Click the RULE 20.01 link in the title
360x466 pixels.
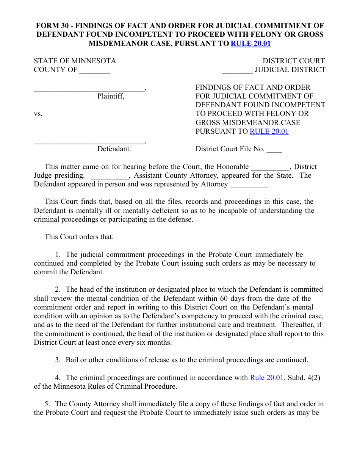[250, 43]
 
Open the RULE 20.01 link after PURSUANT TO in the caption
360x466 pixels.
[269, 131]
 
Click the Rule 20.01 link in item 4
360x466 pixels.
[267, 378]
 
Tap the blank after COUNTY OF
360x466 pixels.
[94, 70]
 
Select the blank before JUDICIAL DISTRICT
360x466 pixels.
[238, 70]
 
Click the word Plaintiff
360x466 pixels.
[111, 96]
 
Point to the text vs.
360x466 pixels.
[38, 114]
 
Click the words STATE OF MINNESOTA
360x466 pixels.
[75, 61]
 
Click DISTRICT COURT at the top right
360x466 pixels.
[294, 61]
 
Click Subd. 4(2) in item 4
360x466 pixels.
[304, 378]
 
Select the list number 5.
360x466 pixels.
[47, 404]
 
